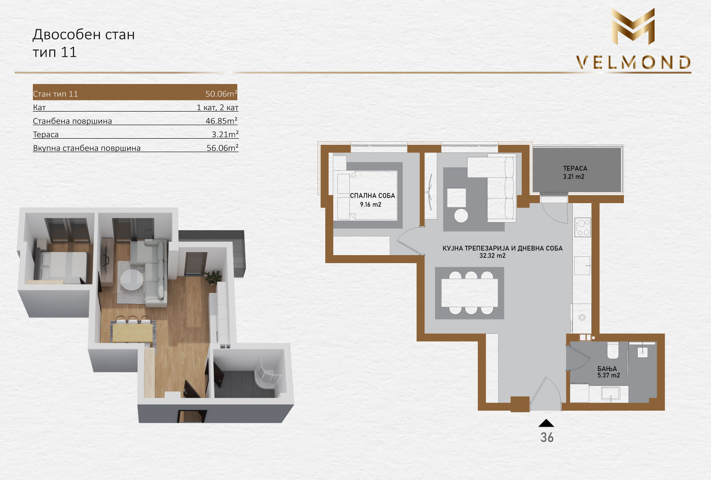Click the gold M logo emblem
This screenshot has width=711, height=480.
(633, 26)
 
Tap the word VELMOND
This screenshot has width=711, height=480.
(634, 63)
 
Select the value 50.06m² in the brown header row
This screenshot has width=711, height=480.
(221, 94)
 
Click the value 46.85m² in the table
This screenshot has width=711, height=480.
(222, 120)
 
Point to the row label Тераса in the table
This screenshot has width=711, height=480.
(46, 135)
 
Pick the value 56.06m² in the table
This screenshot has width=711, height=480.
(222, 148)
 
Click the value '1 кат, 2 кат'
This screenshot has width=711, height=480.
(217, 108)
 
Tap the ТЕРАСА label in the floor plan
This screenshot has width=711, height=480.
(575, 168)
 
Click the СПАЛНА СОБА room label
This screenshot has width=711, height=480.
(372, 196)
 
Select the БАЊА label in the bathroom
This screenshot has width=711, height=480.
(607, 368)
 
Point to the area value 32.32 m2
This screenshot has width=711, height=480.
(492, 256)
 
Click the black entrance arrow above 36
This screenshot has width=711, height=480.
(546, 423)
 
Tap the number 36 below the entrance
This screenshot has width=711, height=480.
(547, 437)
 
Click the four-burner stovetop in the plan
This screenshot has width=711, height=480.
(583, 227)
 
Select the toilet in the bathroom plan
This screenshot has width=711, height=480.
(613, 350)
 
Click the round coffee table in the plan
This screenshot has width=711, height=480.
(461, 216)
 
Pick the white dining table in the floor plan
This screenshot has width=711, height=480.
(469, 293)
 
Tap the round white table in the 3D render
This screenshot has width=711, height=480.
(132, 280)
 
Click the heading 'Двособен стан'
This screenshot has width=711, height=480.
(84, 35)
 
